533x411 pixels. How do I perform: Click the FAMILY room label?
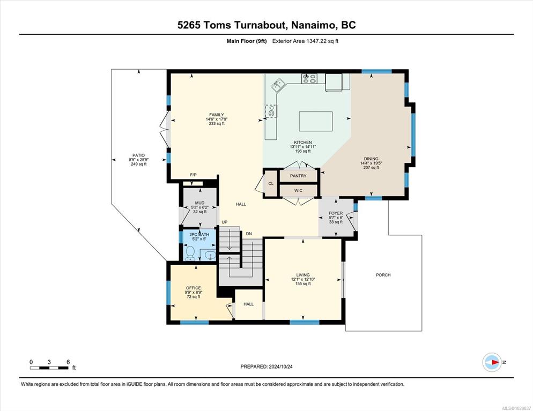pyautogui.click(x=217, y=115)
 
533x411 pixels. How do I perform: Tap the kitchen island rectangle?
pyautogui.click(x=315, y=121)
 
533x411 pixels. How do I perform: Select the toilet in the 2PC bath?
pyautogui.click(x=190, y=253)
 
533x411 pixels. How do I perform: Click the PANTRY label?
pyautogui.click(x=298, y=176)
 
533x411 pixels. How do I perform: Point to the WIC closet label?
pyautogui.click(x=298, y=191)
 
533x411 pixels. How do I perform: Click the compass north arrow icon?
pyautogui.click(x=492, y=362)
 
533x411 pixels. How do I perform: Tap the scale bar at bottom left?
pyautogui.click(x=49, y=368)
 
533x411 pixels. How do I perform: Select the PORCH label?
pyautogui.click(x=383, y=275)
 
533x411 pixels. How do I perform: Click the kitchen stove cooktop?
pyautogui.click(x=309, y=78)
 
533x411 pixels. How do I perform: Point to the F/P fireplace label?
pyautogui.click(x=193, y=175)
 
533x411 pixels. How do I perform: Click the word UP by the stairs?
pyautogui.click(x=224, y=222)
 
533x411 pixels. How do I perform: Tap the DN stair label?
pyautogui.click(x=249, y=234)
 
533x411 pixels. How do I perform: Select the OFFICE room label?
pyautogui.click(x=193, y=288)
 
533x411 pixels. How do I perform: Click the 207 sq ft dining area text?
pyautogui.click(x=371, y=168)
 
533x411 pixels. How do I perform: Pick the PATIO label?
pyautogui.click(x=139, y=155)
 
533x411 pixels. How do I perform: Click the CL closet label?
pyautogui.click(x=271, y=183)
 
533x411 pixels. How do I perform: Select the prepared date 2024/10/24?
pyautogui.click(x=280, y=367)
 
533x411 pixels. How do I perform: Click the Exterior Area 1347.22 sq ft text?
pyautogui.click(x=305, y=41)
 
